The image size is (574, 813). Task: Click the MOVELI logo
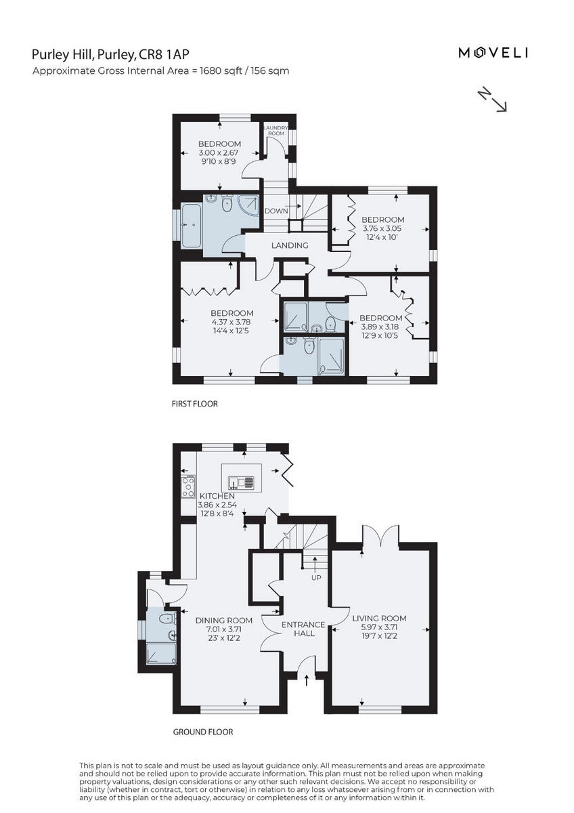pos(493,53)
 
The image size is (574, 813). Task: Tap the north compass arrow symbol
pos(493,99)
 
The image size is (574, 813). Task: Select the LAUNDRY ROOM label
pos(276,130)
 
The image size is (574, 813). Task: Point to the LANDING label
pos(290,245)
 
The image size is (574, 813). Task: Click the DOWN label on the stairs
pos(276,211)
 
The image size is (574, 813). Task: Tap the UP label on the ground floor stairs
pos(315,578)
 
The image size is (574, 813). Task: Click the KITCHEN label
pos(216,496)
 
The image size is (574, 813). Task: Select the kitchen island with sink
pos(241,482)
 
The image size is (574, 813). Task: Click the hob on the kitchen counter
pos(187,487)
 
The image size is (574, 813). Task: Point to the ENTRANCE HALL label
pos(303,629)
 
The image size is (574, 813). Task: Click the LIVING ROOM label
pos(379,618)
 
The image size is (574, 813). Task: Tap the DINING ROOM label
pos(224,620)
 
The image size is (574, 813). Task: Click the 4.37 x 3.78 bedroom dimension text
pos(213,323)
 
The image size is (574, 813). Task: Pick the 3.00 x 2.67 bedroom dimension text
pos(219,153)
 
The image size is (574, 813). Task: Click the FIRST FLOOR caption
pos(194,404)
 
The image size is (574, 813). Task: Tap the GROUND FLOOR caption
pos(203,732)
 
